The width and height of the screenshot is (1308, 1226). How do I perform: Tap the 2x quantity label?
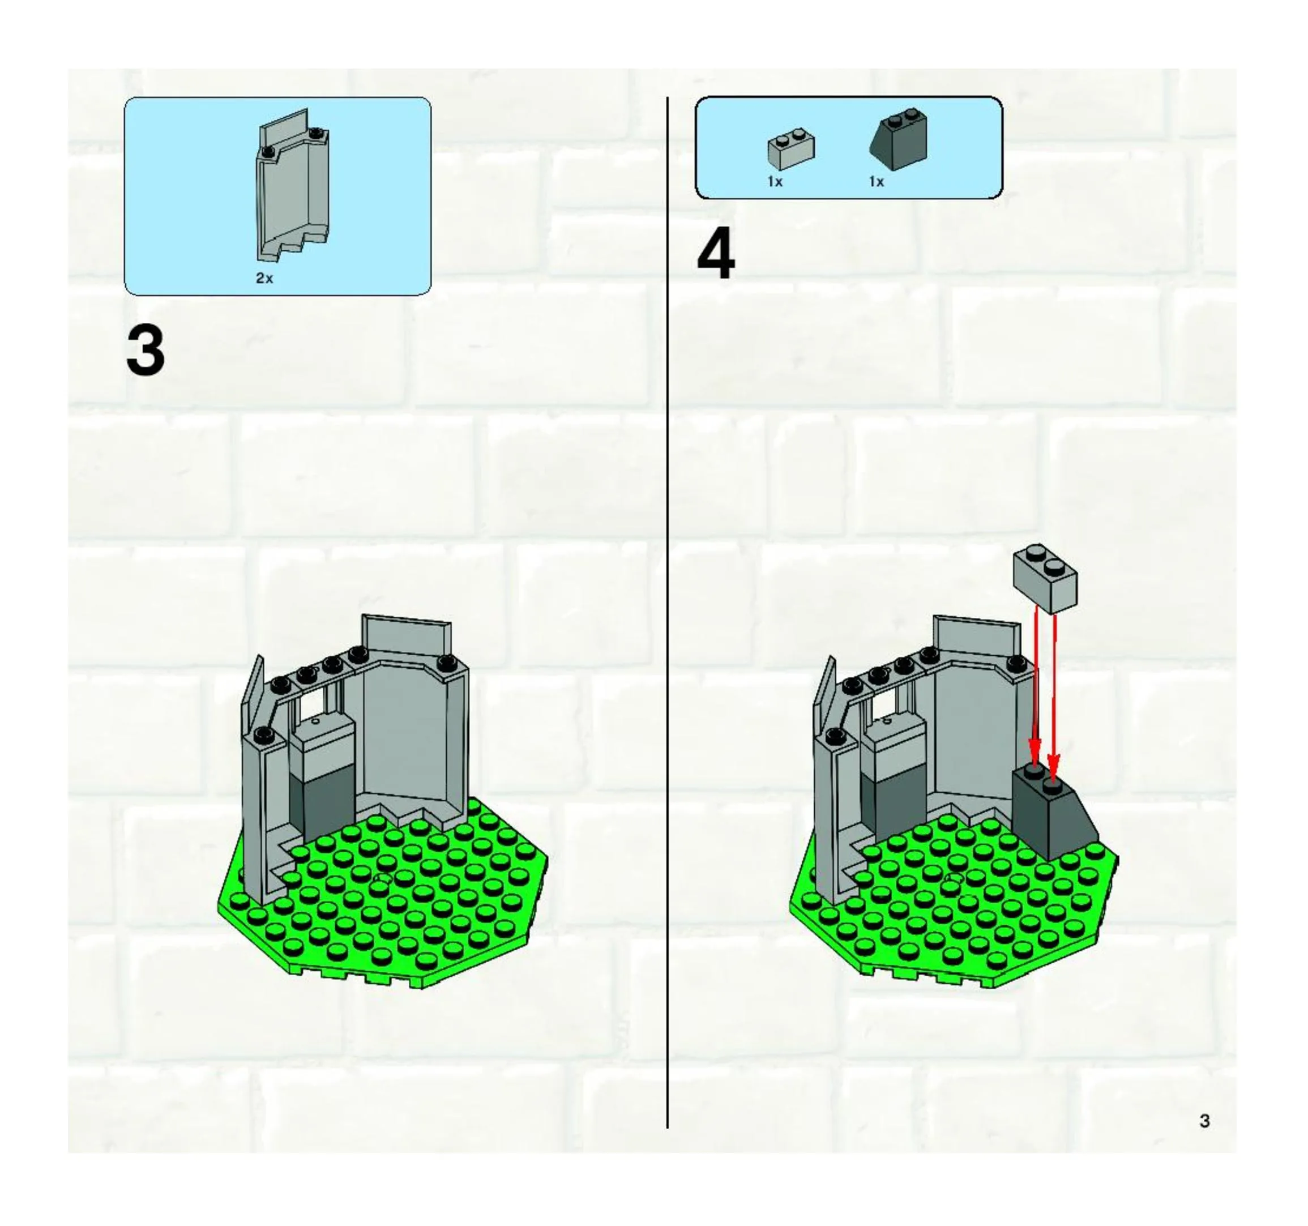click(264, 279)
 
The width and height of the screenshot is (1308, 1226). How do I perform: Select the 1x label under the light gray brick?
click(775, 182)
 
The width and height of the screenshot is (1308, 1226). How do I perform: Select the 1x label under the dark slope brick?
click(877, 182)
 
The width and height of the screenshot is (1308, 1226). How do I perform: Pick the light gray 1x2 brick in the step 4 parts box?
click(791, 149)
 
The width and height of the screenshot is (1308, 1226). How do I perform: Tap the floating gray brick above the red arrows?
click(1045, 577)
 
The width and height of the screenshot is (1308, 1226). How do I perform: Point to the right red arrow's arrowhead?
click(1053, 768)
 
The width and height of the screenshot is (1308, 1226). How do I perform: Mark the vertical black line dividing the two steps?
click(668, 613)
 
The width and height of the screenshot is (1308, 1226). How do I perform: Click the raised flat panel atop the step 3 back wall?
click(407, 639)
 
